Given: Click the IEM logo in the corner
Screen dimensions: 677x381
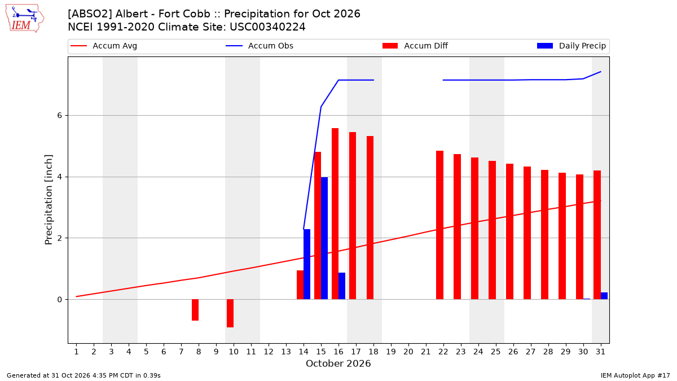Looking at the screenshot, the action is point(25,19).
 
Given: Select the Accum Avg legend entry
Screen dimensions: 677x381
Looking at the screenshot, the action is point(104,46).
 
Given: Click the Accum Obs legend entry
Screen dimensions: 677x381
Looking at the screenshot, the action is point(260,46).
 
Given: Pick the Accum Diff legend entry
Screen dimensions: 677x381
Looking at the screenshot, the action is point(415,46).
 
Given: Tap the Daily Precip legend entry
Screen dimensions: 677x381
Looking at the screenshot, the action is point(572,46).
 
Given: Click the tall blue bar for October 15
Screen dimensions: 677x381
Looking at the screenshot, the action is point(324,238).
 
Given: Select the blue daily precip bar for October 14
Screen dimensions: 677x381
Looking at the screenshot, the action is point(307,264).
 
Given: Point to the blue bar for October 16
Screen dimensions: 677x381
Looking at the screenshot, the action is point(342,286).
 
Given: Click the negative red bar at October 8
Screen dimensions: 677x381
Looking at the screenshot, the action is point(195,310).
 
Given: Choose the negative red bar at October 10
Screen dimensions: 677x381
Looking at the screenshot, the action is point(230,313).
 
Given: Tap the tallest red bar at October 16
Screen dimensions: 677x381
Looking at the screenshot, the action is point(335,214).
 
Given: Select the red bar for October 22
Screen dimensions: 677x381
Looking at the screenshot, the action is point(439,225).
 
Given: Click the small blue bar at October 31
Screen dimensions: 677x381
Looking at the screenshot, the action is point(604,296).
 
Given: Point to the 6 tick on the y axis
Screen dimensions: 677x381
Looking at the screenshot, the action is point(60,116).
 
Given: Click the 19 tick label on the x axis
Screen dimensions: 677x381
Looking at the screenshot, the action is point(391,352).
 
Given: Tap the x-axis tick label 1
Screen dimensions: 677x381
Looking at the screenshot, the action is point(77,352).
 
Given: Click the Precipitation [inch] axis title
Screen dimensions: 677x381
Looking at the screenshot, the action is point(49,200).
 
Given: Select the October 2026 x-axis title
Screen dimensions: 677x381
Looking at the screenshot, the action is point(338,364).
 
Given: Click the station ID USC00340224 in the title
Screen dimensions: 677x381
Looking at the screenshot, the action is point(268,27).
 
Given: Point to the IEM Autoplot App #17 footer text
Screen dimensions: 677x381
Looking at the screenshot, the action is point(635,375).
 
